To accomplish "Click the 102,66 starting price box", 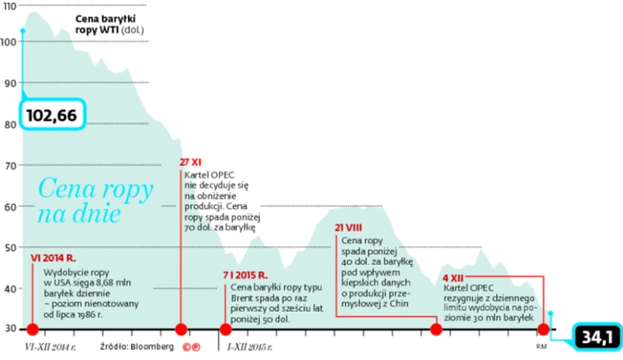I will tap(52, 115).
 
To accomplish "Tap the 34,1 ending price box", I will tap(596, 337).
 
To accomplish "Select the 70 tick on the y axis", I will tap(10, 166).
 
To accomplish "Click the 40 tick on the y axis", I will tap(10, 289).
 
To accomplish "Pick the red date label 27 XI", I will tap(190, 163).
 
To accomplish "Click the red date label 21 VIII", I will tap(349, 228).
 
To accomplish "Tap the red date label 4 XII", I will tap(454, 277).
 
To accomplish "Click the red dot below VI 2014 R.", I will tap(33, 329).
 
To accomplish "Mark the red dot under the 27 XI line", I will tap(181, 329).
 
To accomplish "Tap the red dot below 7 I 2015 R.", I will tap(225, 329).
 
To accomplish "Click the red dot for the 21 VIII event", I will tap(436, 329).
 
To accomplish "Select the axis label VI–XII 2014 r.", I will tap(51, 346).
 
